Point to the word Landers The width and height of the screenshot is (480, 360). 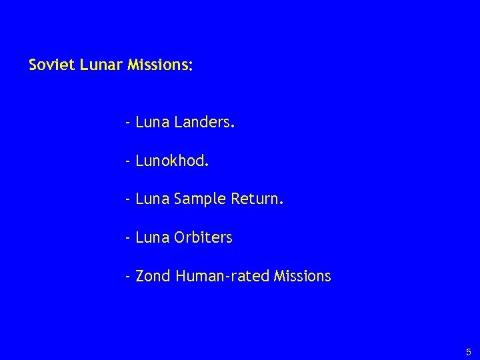pyautogui.click(x=204, y=123)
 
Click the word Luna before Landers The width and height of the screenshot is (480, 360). pyautogui.click(x=151, y=123)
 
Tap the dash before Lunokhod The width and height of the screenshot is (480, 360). pyautogui.click(x=127, y=161)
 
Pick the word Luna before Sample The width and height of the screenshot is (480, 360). pyautogui.click(x=151, y=199)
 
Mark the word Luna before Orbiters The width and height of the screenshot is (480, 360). pyautogui.click(x=151, y=237)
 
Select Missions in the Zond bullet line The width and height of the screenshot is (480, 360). pyautogui.click(x=302, y=275)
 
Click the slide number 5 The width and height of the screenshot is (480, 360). pyautogui.click(x=468, y=351)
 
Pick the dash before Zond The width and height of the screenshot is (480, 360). pyautogui.click(x=127, y=275)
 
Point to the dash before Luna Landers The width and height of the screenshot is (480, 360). pyautogui.click(x=127, y=123)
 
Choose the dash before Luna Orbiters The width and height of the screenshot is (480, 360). pyautogui.click(x=127, y=237)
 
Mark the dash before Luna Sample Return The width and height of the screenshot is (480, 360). pyautogui.click(x=127, y=199)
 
